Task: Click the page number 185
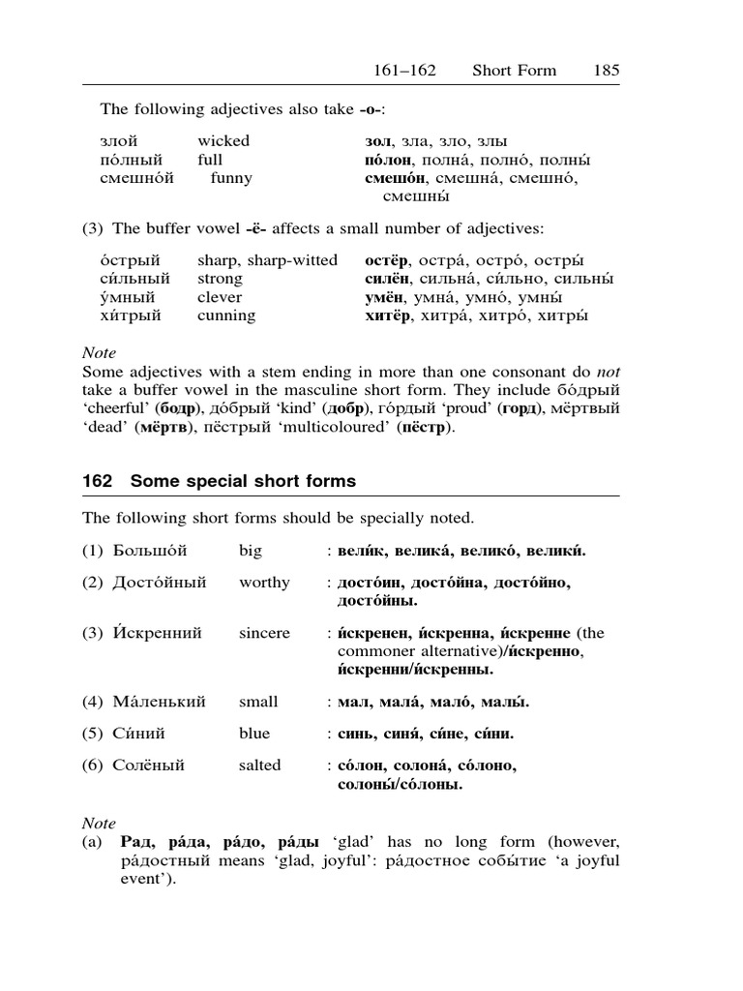click(607, 70)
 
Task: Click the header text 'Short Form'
click(514, 70)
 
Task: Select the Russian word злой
click(118, 141)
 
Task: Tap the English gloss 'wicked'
click(223, 141)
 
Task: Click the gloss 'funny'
click(231, 178)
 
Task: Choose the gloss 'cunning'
click(226, 315)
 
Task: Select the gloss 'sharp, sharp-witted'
click(268, 260)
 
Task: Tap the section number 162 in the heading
click(99, 481)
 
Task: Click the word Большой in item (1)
click(149, 552)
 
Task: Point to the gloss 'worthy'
click(264, 583)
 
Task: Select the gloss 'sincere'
click(264, 633)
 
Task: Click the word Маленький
click(159, 702)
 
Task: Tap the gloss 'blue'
click(254, 734)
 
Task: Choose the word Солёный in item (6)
click(148, 766)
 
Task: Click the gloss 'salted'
click(260, 766)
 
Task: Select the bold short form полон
click(390, 160)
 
